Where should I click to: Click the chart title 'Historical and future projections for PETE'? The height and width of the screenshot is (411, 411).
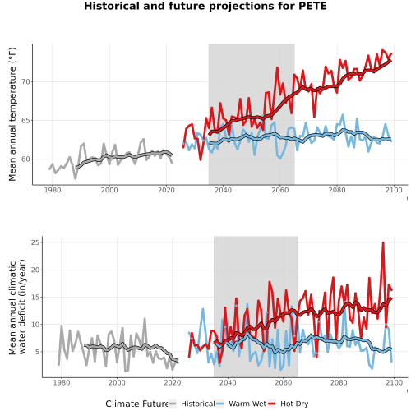pyautogui.click(x=205, y=6)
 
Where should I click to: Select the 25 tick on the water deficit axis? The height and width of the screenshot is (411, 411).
pyautogui.click(x=35, y=242)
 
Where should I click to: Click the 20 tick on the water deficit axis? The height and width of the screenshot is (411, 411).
pyautogui.click(x=35, y=270)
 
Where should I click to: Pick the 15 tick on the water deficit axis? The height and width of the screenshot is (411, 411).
pyautogui.click(x=35, y=297)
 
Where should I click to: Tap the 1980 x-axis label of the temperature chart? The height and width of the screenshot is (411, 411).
pyautogui.click(x=53, y=190)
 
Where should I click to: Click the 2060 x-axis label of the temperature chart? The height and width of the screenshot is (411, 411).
pyautogui.click(x=280, y=190)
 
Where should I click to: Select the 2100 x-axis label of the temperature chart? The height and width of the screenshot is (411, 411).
pyautogui.click(x=394, y=190)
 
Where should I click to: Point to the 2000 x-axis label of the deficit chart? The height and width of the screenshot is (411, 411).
pyautogui.click(x=117, y=382)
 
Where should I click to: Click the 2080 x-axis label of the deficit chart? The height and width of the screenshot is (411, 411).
pyautogui.click(x=339, y=382)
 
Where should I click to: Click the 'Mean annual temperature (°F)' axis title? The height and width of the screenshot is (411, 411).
pyautogui.click(x=12, y=114)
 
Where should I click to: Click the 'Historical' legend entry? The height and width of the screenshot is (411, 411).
pyautogui.click(x=198, y=404)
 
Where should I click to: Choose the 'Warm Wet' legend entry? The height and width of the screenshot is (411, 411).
pyautogui.click(x=247, y=404)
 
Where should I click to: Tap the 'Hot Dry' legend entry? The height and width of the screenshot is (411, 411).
pyautogui.click(x=294, y=404)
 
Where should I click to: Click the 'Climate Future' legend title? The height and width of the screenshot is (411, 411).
pyautogui.click(x=136, y=404)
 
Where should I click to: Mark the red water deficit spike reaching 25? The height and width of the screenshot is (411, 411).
pyautogui.click(x=383, y=242)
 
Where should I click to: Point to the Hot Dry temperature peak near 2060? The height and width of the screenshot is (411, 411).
pyautogui.click(x=277, y=67)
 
